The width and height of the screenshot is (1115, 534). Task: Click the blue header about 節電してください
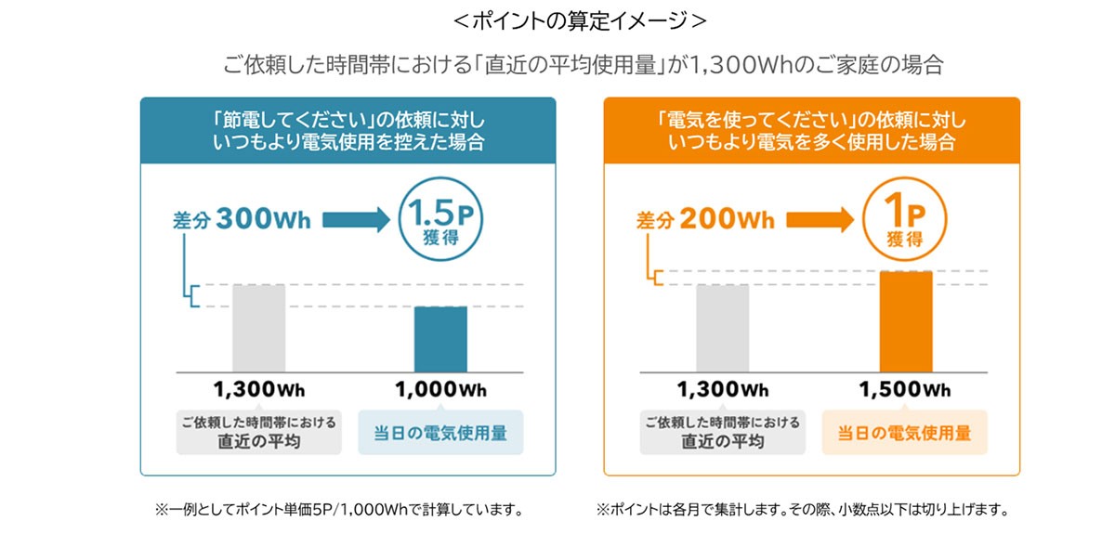(x=348, y=132)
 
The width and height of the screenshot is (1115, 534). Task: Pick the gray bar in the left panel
(x=259, y=328)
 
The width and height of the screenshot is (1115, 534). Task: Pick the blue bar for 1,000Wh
(x=440, y=339)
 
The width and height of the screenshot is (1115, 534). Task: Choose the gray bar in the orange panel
(x=722, y=328)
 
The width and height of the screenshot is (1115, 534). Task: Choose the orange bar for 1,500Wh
(x=905, y=321)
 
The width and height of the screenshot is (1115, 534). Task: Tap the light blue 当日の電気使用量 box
(x=440, y=433)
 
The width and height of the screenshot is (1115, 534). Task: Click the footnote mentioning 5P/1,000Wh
(x=339, y=510)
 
